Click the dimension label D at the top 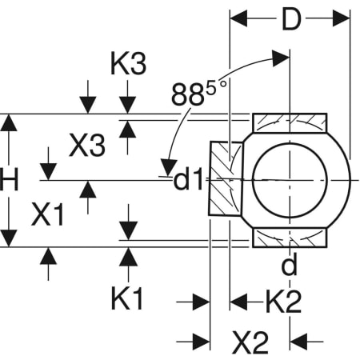pos(290,18)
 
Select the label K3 pos(127,65)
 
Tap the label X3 pos(86,146)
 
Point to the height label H pos(9,181)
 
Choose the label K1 pos(127,299)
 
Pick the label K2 pos(283,302)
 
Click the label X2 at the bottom pos(250,342)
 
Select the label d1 pos(190,181)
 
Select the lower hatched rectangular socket pos(290,238)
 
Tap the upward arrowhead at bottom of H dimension pos(9,238)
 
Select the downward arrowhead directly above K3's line pos(127,106)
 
